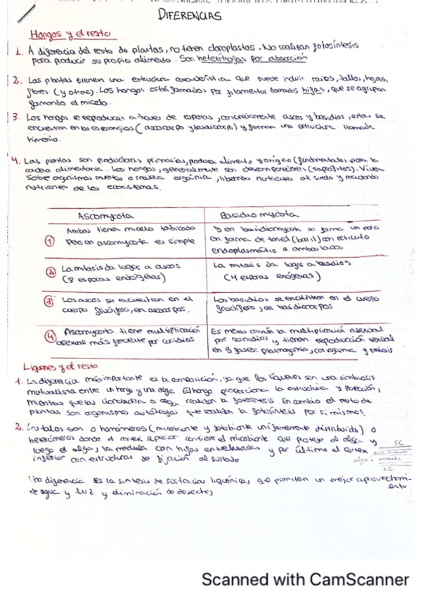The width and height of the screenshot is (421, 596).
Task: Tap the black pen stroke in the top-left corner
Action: coord(26,11)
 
